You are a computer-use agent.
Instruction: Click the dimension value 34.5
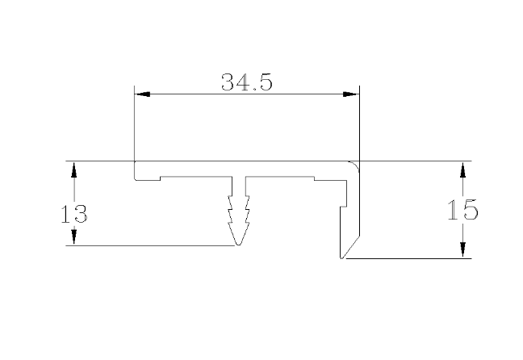coord(246,82)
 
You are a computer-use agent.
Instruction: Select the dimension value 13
coord(74,214)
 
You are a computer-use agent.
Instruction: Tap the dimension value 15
coord(462,210)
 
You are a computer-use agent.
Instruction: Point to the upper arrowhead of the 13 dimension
coord(73,169)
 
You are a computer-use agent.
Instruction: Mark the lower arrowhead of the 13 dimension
coord(73,237)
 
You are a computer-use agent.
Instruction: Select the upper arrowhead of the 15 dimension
coord(462,169)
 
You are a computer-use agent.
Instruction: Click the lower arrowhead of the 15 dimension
coord(462,251)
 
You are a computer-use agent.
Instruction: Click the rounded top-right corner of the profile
coord(354,165)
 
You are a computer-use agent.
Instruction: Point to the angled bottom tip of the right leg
coord(342,257)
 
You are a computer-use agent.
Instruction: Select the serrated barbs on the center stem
coord(238,211)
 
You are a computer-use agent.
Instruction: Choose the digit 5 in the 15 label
coord(471,210)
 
